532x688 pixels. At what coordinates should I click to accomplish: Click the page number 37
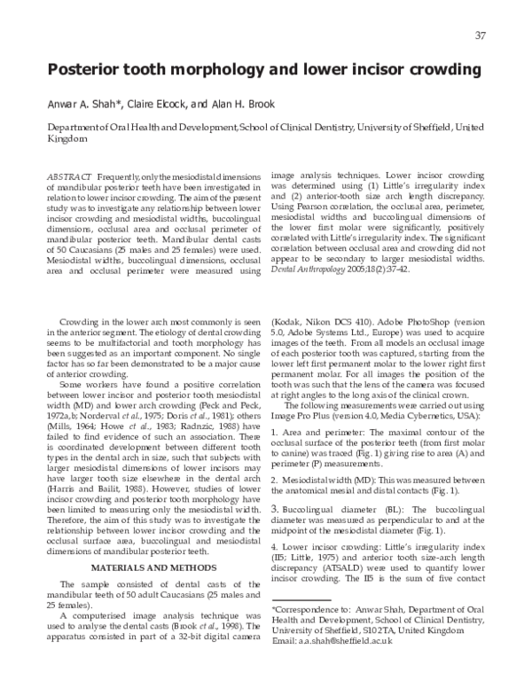[480, 35]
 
